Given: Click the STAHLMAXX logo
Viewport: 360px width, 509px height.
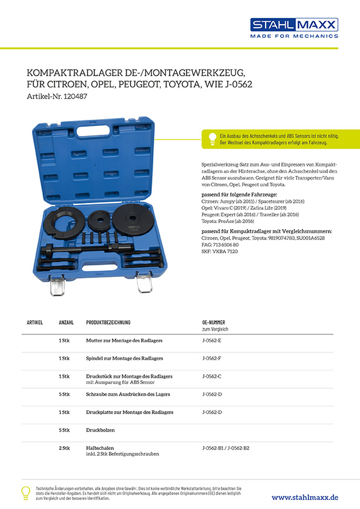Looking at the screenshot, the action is pyautogui.click(x=294, y=28).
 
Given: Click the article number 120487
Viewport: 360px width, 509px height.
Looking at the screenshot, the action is pyautogui.click(x=76, y=96).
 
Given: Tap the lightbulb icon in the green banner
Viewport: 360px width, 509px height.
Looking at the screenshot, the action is pyautogui.click(x=212, y=138).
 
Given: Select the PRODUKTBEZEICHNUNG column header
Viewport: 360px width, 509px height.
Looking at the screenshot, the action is pyautogui.click(x=108, y=322).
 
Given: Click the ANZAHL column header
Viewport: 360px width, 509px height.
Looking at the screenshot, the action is pyautogui.click(x=67, y=322).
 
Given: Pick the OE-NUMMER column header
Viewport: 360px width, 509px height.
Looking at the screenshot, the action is pyautogui.click(x=214, y=322).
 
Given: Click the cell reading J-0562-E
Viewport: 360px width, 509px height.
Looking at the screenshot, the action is pyautogui.click(x=212, y=340).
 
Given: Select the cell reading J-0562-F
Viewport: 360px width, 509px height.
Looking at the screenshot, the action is pyautogui.click(x=212, y=358).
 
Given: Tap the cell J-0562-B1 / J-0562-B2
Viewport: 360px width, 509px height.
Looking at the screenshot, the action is pyautogui.click(x=226, y=448).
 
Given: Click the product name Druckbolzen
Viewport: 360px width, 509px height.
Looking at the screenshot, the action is pyautogui.click(x=100, y=430).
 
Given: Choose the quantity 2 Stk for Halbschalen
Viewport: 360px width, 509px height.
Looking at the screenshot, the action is pyautogui.click(x=64, y=448).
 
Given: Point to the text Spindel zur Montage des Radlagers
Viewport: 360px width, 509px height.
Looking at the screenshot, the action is pyautogui.click(x=125, y=358).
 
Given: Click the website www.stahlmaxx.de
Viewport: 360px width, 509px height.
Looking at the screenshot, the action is pyautogui.click(x=305, y=498).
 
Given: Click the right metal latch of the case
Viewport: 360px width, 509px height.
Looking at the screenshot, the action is pyautogui.click(x=144, y=282).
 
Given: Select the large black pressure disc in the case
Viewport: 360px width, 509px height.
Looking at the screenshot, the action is pyautogui.click(x=133, y=219).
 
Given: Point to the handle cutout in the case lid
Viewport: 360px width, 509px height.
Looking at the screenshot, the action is pyautogui.click(x=93, y=131).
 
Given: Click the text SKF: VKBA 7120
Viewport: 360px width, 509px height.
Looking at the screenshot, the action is pyautogui.click(x=220, y=251).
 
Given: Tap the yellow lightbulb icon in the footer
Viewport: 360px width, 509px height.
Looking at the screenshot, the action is pyautogui.click(x=25, y=493).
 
